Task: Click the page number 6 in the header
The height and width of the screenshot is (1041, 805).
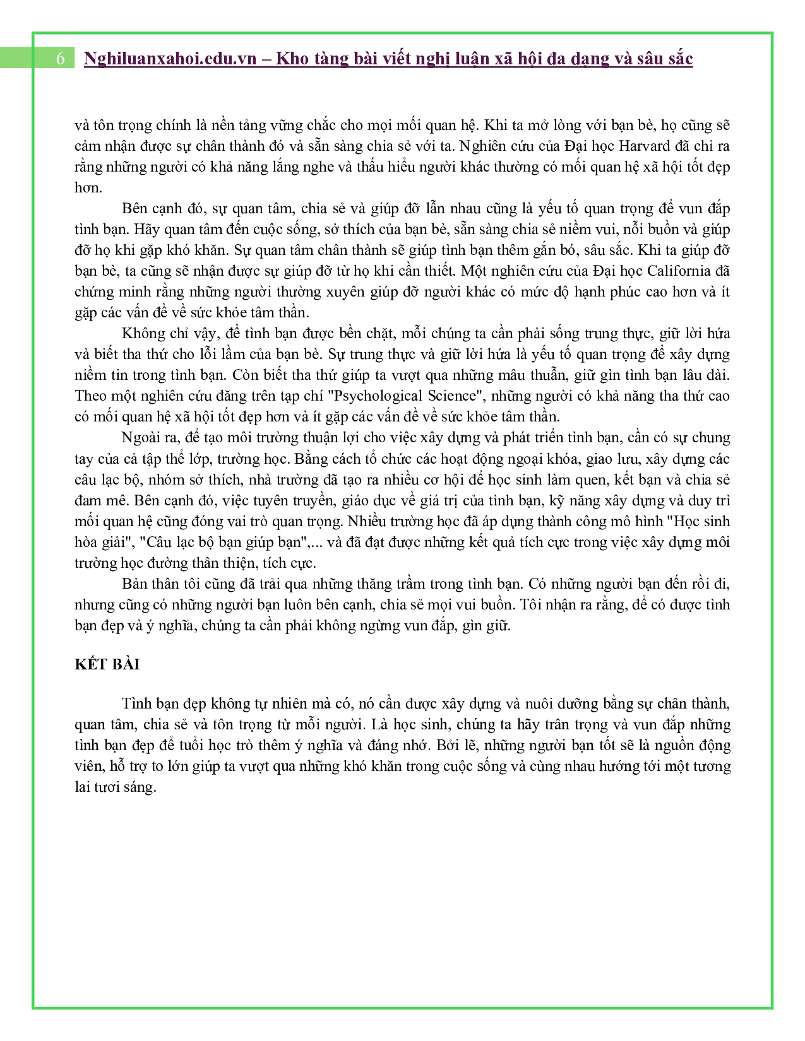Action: (61, 58)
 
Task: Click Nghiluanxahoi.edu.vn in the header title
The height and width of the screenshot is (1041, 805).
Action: (170, 59)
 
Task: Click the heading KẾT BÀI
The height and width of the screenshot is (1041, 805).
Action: (107, 664)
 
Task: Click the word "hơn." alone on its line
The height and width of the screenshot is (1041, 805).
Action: (88, 187)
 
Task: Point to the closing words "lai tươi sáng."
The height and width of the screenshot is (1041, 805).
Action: (115, 787)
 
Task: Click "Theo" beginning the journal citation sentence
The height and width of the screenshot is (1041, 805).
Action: (91, 396)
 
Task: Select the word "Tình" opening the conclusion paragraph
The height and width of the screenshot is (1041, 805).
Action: (137, 703)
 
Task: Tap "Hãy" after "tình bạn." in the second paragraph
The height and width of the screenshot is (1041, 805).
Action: (146, 229)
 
